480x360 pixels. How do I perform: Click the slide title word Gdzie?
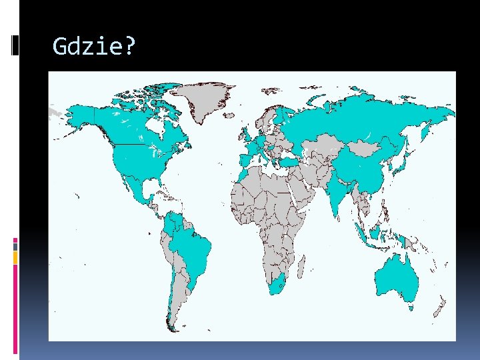click(x=94, y=47)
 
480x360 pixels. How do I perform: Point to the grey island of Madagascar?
click(x=302, y=267)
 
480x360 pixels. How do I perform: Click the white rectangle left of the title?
click(x=15, y=45)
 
